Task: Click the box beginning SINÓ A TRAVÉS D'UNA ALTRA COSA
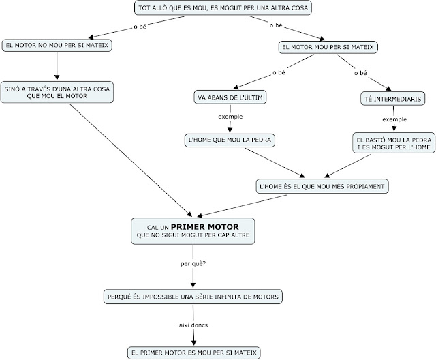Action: (x=59, y=91)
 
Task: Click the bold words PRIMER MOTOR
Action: (x=204, y=226)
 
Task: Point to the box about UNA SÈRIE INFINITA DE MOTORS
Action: (x=193, y=297)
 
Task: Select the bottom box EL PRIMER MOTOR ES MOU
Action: (x=193, y=352)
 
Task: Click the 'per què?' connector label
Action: (x=193, y=262)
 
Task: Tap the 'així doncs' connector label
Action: (x=193, y=325)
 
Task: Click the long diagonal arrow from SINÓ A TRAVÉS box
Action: (x=129, y=157)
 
